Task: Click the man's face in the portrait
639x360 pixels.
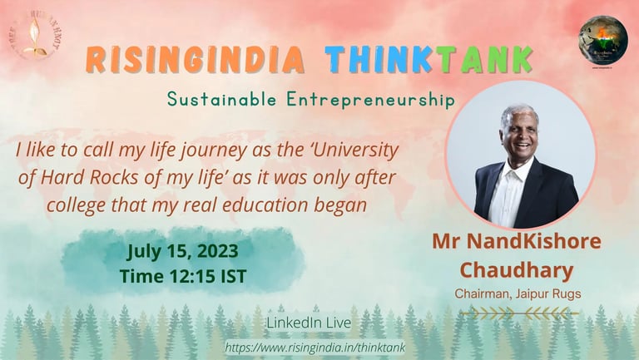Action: click(x=520, y=134)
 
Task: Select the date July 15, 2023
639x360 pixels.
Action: click(x=183, y=250)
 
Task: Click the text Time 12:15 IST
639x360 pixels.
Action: click(x=183, y=276)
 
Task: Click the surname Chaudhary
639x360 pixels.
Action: click(x=517, y=270)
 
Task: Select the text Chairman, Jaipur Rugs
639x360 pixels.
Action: click(x=517, y=294)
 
